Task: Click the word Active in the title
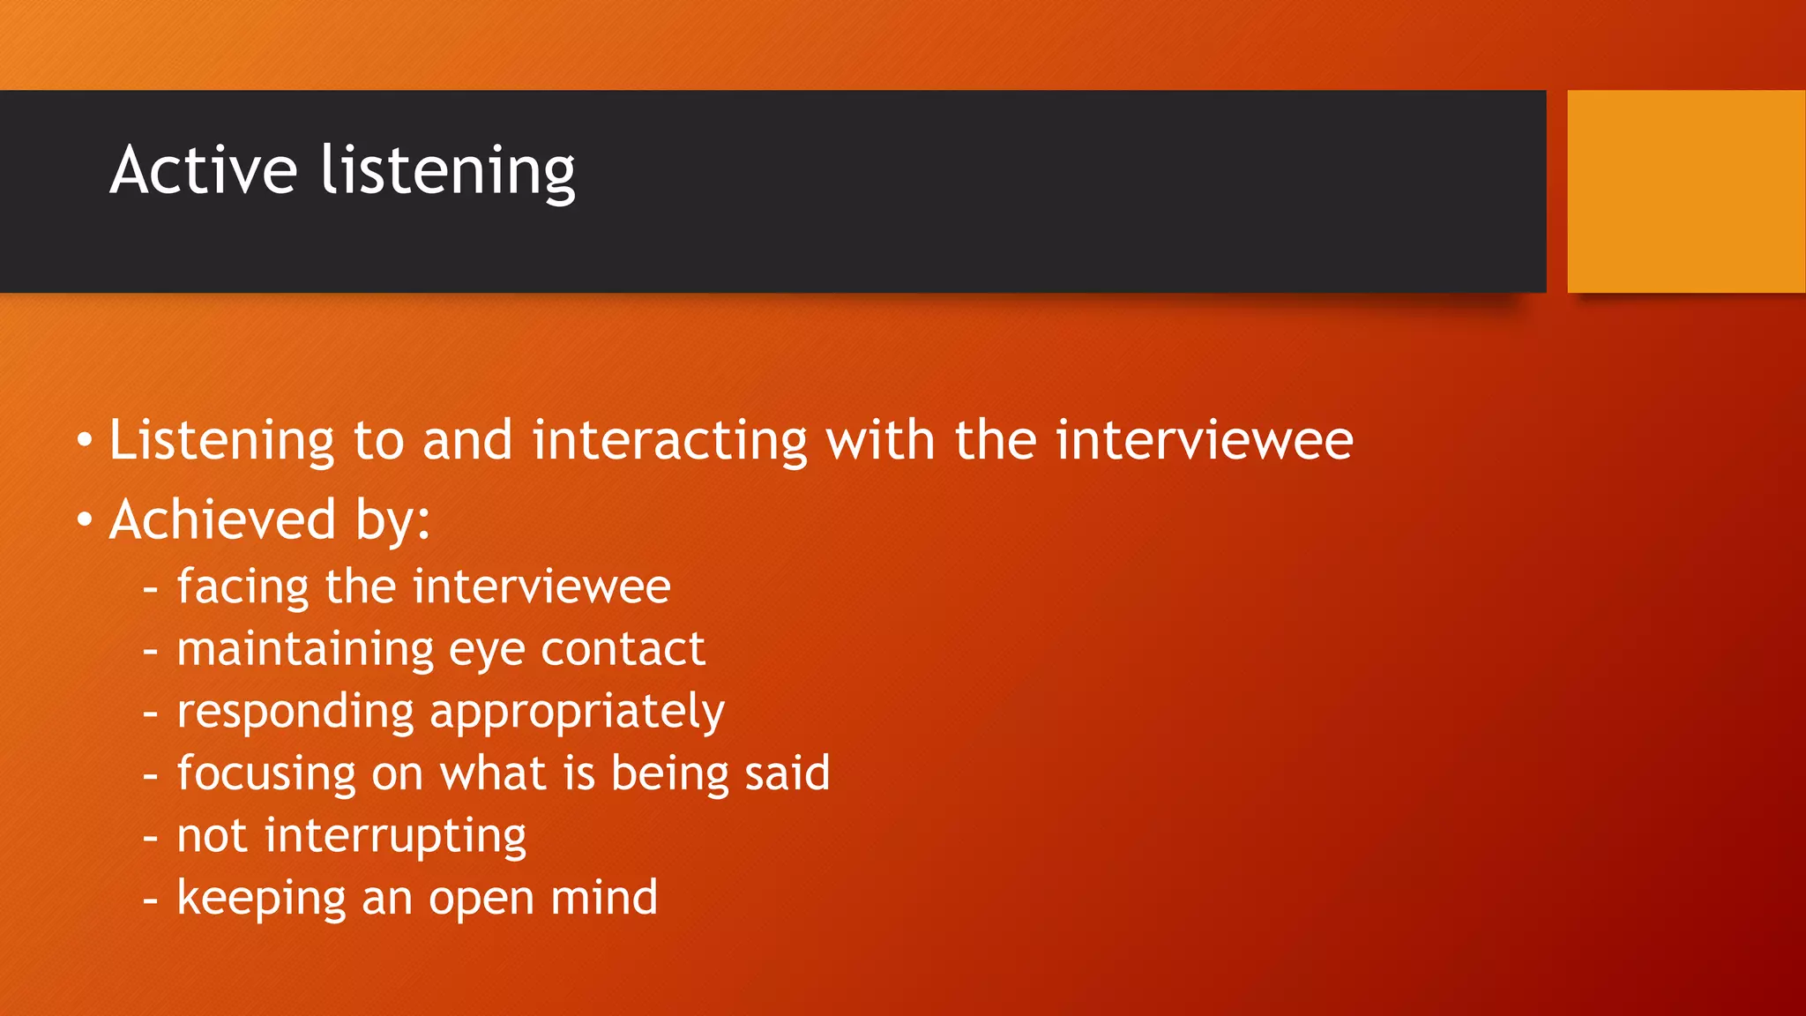[x=204, y=169]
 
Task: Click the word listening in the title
[x=448, y=171]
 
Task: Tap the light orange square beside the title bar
[x=1685, y=191]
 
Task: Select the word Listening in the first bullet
[x=221, y=440]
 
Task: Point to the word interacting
[x=670, y=440]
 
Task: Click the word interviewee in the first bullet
[x=1204, y=440]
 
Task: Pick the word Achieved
[x=223, y=519]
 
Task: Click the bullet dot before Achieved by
[x=85, y=519]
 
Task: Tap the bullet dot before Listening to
[x=85, y=440]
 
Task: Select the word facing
[x=243, y=587]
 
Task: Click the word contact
[x=623, y=650]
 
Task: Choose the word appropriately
[x=577, y=713]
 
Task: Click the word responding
[x=295, y=713]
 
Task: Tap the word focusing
[x=266, y=774]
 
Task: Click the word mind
[x=604, y=898]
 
